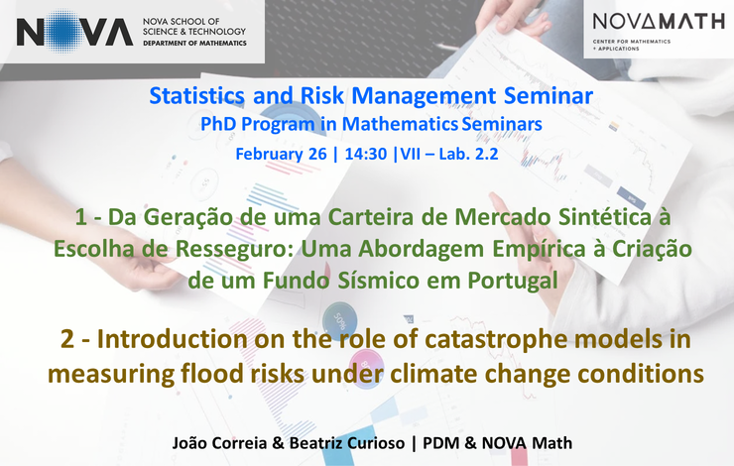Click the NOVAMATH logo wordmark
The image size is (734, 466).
pyautogui.click(x=659, y=22)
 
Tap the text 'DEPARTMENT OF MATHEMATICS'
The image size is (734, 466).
pyautogui.click(x=194, y=43)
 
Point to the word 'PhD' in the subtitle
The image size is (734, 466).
pyautogui.click(x=218, y=124)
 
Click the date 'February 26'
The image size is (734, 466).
pyautogui.click(x=281, y=154)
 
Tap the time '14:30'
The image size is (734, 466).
pyautogui.click(x=366, y=154)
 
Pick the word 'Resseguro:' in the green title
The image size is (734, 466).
pyautogui.click(x=234, y=249)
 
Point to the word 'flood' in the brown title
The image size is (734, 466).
pyautogui.click(x=209, y=374)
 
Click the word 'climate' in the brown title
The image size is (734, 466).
pyautogui.click(x=434, y=374)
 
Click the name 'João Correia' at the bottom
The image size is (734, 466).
pyautogui.click(x=219, y=442)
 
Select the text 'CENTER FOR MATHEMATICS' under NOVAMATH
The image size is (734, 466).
pyautogui.click(x=632, y=42)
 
